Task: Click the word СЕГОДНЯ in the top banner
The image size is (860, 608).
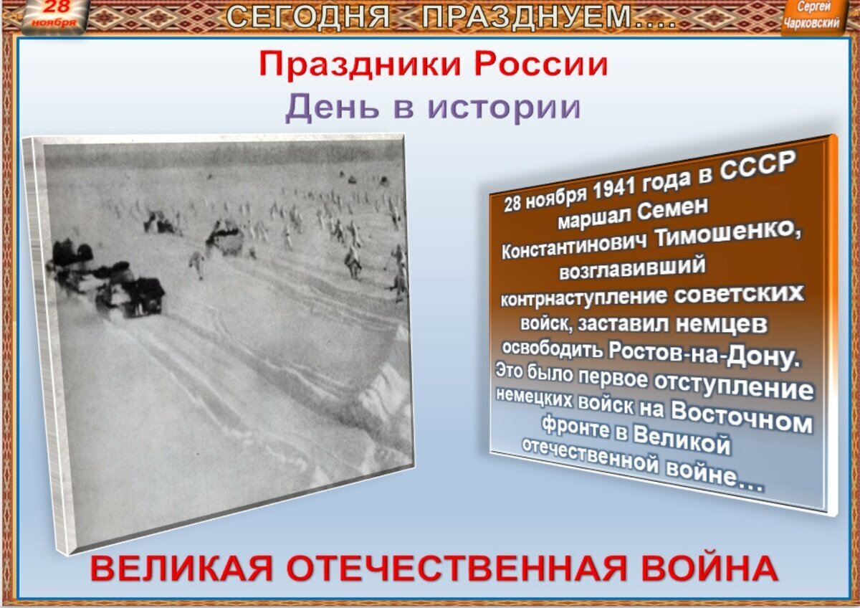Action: (x=308, y=16)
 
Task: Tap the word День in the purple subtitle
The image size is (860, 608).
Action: (x=320, y=108)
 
